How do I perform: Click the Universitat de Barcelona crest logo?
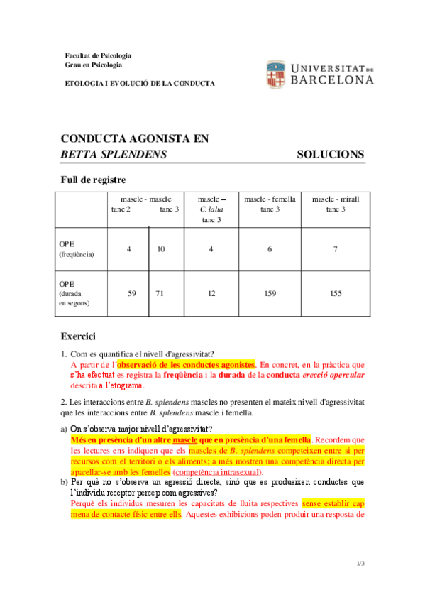coord(275,74)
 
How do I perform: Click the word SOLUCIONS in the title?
coord(330,154)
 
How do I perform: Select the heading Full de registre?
coord(93,180)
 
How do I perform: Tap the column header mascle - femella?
coord(270,199)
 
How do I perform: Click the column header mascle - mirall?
coord(336,199)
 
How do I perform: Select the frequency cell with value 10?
coord(161,249)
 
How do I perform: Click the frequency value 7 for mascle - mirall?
coord(335,249)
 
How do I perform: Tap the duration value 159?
coord(270,293)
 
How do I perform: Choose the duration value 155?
coord(336,293)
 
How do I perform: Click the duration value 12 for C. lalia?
coord(211,293)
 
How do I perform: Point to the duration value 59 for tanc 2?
coord(131,293)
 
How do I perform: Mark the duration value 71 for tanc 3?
coord(160,293)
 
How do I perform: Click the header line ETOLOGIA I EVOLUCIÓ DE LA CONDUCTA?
coord(139,83)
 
